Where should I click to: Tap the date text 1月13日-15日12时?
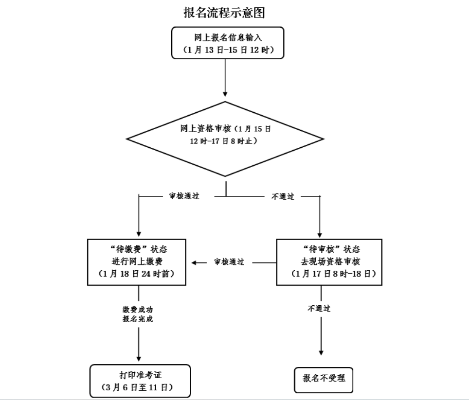[227, 50]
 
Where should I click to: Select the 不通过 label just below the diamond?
[282, 196]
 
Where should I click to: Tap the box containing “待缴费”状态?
[139, 261]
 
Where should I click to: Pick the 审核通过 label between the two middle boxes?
[229, 262]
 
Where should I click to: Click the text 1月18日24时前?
[139, 275]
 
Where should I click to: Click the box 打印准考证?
[139, 381]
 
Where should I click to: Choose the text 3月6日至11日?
[139, 388]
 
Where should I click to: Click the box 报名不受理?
[324, 378]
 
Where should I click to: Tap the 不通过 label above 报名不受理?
[320, 308]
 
